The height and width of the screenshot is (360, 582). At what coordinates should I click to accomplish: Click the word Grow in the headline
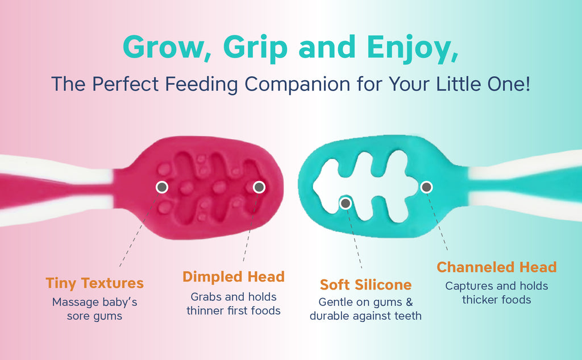(163, 47)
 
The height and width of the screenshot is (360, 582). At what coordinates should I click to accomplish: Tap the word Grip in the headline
(255, 49)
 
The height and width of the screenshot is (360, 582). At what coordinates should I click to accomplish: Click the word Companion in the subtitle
(297, 84)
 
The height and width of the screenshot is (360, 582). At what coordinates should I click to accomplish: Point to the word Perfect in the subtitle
(126, 84)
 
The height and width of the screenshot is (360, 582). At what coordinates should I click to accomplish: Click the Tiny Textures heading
(95, 283)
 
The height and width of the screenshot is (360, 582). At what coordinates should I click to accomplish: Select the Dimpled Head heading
(234, 277)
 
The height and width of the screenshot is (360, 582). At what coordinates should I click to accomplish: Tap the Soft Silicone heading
(365, 285)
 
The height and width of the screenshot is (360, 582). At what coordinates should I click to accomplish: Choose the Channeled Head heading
(497, 267)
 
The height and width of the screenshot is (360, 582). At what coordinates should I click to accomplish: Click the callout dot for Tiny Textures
(162, 187)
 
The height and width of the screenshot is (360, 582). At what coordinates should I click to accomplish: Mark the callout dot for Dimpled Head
(259, 187)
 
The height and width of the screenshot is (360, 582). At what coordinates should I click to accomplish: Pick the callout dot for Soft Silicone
(346, 203)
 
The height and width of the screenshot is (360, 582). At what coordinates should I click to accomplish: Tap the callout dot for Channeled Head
(426, 187)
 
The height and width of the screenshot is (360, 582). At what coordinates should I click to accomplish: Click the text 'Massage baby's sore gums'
(95, 309)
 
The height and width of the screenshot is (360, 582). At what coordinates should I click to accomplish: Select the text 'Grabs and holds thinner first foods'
(234, 304)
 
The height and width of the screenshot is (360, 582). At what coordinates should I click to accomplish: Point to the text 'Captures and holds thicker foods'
(497, 293)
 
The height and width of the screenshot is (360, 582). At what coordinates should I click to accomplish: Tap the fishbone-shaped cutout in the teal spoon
(365, 186)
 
